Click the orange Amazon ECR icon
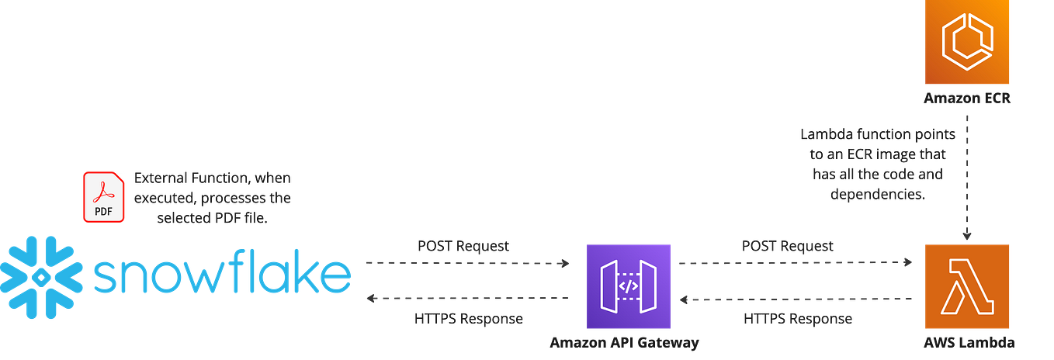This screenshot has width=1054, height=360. click(x=968, y=42)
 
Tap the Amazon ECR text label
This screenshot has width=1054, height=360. click(x=967, y=99)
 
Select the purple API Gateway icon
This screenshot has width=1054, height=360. click(x=630, y=286)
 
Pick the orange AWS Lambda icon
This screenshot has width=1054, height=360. click(x=968, y=286)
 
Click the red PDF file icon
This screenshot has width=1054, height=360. click(x=104, y=197)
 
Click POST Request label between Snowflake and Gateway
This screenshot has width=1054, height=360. click(x=463, y=247)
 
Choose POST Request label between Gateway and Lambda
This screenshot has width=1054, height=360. click(x=787, y=247)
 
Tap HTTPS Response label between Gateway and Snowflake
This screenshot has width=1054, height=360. click(x=468, y=319)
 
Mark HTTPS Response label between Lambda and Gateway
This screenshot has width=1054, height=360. click(x=798, y=319)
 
